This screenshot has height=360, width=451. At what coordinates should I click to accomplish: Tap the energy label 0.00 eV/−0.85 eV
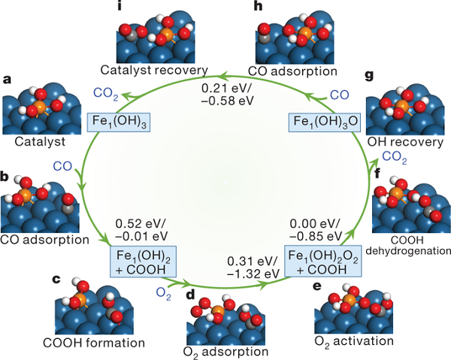pos(314,229)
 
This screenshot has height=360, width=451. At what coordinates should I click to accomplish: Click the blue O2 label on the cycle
pos(163,290)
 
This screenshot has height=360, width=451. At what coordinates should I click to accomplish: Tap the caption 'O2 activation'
pos(355,340)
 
